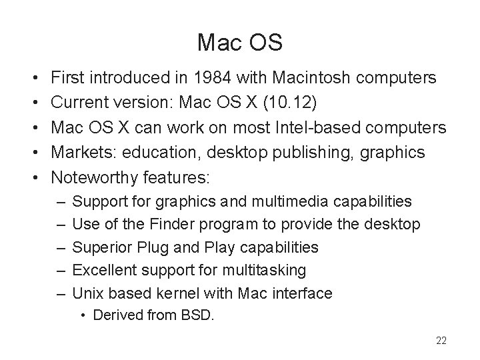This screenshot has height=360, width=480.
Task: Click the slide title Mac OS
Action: pos(240,43)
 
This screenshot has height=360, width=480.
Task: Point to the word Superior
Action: pos(99,247)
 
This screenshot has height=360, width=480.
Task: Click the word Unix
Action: pos(86,293)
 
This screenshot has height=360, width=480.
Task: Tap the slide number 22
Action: pos(441,341)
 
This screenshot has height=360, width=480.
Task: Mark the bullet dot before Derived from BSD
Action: pos(84,315)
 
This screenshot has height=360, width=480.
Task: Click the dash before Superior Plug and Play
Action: pos(61,247)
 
